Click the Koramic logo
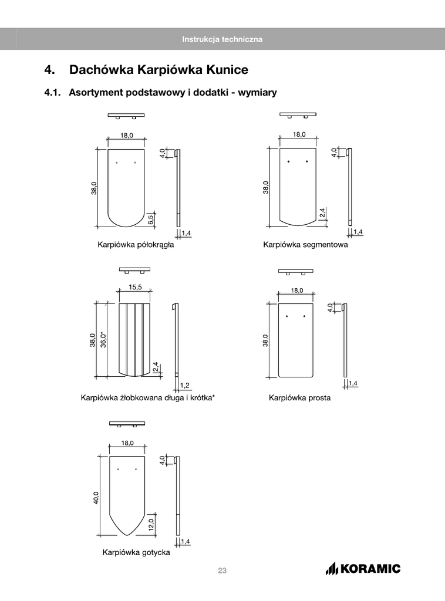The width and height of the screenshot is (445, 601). click(x=363, y=568)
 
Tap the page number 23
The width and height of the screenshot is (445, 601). click(x=222, y=570)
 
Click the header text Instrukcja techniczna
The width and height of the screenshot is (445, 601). click(x=222, y=39)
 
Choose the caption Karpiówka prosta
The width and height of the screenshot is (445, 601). click(x=299, y=398)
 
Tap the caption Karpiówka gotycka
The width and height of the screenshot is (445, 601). click(x=136, y=552)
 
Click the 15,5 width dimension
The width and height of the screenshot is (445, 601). click(x=135, y=287)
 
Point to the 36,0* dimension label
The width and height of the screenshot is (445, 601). click(x=104, y=339)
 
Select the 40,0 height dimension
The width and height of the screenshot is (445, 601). click(x=96, y=498)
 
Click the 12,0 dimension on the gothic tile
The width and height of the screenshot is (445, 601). click(x=151, y=524)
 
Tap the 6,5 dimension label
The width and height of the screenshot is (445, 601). click(x=151, y=220)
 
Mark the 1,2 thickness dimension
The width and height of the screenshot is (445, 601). click(x=184, y=385)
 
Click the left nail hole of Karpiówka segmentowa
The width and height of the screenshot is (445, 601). click(x=288, y=161)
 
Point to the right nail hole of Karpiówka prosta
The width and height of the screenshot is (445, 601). click(x=305, y=317)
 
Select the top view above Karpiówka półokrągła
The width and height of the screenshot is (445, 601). click(x=126, y=115)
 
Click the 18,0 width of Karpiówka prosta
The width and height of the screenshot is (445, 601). click(x=296, y=290)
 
